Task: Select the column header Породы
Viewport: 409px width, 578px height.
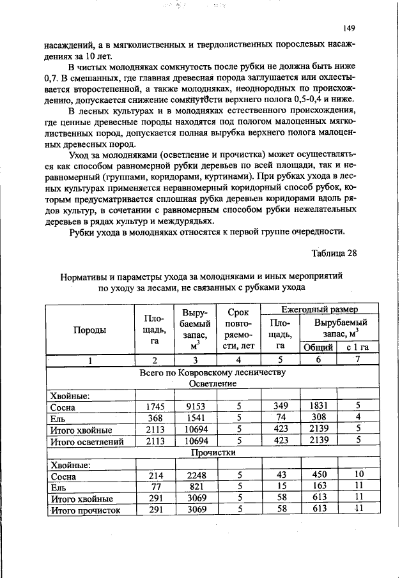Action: (x=89, y=330)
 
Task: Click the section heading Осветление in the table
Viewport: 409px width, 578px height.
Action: (x=213, y=383)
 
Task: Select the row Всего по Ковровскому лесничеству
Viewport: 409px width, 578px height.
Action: (x=212, y=372)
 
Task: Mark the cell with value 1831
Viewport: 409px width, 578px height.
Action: (x=318, y=407)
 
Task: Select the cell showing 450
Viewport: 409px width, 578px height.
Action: (x=318, y=476)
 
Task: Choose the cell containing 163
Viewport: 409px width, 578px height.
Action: (x=318, y=487)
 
